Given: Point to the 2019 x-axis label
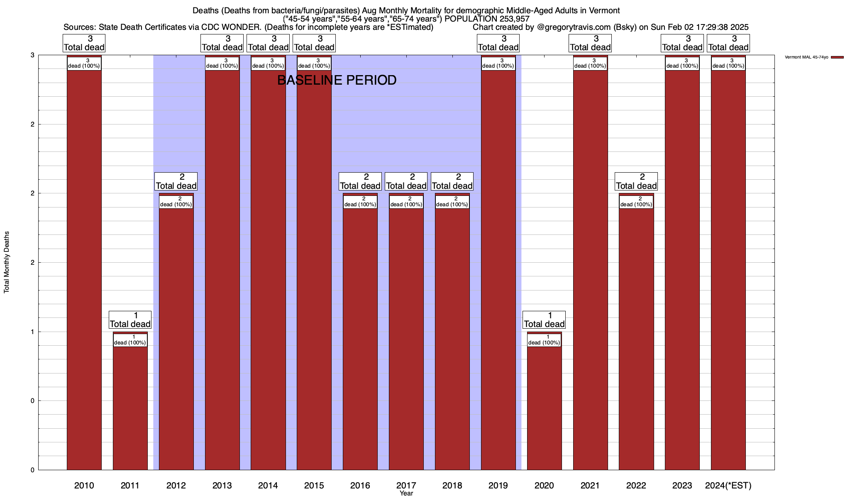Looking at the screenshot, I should [498, 485].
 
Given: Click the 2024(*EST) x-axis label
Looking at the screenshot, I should [728, 485].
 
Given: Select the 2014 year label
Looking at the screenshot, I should [268, 485].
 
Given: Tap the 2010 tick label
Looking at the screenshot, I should [84, 485].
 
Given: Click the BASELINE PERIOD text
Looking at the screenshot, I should [337, 80].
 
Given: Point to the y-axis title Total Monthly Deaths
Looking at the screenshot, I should [7, 262].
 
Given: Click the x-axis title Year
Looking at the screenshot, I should [406, 493].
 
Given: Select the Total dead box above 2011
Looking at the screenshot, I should [130, 320].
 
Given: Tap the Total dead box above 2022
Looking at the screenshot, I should [636, 181].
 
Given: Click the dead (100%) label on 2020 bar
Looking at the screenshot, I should [544, 340].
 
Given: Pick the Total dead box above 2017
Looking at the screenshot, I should [406, 181].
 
